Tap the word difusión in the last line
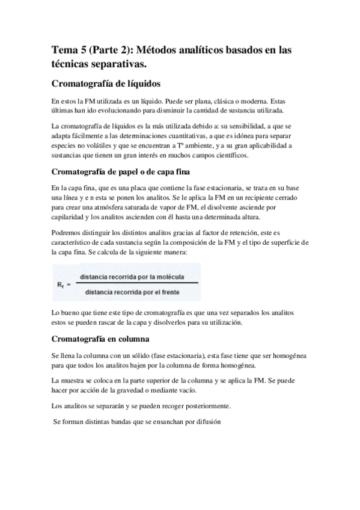coord(206,422)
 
